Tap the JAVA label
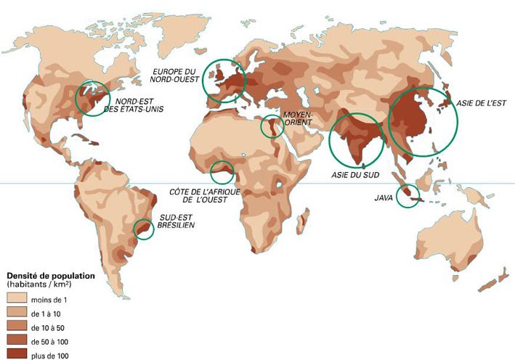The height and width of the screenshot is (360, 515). click(x=384, y=197)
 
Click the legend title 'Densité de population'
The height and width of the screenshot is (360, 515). click(x=51, y=276)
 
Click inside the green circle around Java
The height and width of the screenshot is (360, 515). click(x=408, y=197)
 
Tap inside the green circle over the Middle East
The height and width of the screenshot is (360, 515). click(x=272, y=126)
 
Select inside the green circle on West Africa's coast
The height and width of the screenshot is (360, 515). click(x=222, y=173)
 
